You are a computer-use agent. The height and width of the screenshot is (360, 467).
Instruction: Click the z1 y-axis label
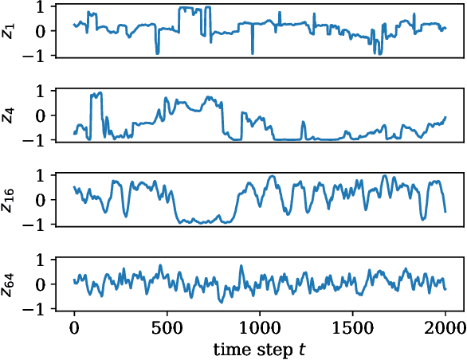click(x=9, y=30)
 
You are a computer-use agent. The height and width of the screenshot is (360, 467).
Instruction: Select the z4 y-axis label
click(x=9, y=115)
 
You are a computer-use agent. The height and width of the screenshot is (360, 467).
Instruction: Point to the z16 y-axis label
click(x=9, y=199)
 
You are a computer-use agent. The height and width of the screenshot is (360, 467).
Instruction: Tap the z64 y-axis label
click(x=9, y=284)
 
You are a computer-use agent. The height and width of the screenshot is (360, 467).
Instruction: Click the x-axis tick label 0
click(x=74, y=327)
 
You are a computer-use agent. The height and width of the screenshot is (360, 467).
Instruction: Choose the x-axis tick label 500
click(x=167, y=327)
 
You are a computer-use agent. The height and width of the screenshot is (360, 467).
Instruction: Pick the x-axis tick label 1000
click(x=260, y=327)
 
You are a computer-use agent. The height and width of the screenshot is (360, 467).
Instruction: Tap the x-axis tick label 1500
click(x=352, y=327)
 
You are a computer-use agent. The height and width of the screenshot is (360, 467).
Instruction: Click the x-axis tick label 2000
click(x=445, y=327)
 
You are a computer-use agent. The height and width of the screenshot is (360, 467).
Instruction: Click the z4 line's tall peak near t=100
click(x=97, y=93)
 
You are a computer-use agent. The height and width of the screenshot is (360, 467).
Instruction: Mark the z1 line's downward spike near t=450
click(x=157, y=53)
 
